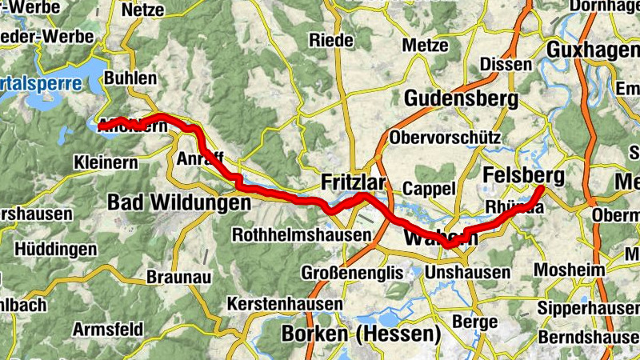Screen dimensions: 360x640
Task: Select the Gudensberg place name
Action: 461,99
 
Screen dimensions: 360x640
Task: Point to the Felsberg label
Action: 524,176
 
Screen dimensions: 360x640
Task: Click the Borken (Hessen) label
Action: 362,333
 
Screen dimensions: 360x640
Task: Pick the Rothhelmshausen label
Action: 302,235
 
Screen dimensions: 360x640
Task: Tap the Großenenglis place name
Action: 349,273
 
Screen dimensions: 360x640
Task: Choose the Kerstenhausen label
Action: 278,305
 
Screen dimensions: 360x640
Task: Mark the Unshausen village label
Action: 468,273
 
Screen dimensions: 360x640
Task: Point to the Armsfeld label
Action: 108,329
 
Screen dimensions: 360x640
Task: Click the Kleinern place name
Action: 104,161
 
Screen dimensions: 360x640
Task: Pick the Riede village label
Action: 331,39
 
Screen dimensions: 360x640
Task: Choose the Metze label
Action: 426,45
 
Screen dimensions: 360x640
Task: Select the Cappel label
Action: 429,189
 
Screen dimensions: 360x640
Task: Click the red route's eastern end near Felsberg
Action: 542,189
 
